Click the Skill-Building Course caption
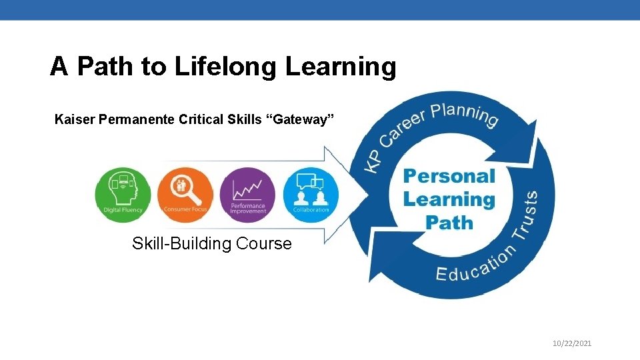tap(212, 243)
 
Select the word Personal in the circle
tap(449, 176)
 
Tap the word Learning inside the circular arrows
tap(449, 199)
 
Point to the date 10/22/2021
tap(573, 343)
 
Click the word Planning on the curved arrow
tap(464, 114)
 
